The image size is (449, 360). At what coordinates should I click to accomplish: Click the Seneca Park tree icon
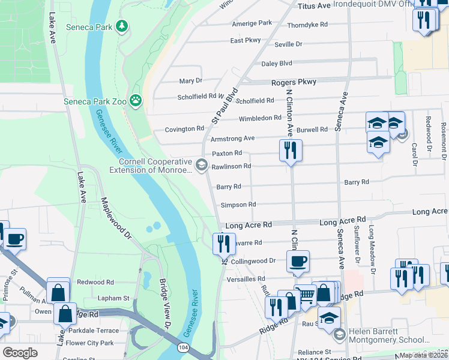(x=122, y=25)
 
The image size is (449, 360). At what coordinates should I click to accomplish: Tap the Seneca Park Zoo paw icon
(x=137, y=100)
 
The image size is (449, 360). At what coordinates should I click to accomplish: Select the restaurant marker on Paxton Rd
(x=291, y=151)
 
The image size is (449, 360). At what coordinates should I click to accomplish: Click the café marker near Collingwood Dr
(x=298, y=262)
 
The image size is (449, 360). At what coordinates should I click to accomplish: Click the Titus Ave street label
(x=315, y=6)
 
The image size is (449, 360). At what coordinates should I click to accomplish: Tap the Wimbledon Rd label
(x=260, y=118)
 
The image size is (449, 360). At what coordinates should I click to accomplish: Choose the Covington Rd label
(x=185, y=129)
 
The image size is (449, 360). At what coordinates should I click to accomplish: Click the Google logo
(x=20, y=352)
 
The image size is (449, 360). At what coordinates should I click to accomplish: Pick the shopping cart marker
(x=306, y=294)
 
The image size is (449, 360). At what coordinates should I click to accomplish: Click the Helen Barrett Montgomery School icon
(x=339, y=334)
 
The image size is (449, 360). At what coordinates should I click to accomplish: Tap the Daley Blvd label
(x=276, y=64)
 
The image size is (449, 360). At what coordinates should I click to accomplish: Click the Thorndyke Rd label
(x=307, y=25)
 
